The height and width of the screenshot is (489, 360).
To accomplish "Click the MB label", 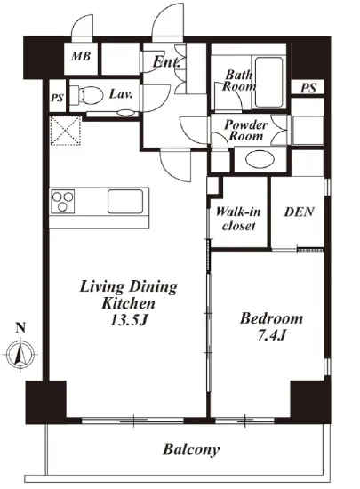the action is click(81, 56).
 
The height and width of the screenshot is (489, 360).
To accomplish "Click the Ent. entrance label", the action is click(166, 61).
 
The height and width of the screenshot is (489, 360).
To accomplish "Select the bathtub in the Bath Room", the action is click(268, 82).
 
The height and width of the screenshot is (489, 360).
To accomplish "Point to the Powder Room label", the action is click(246, 131).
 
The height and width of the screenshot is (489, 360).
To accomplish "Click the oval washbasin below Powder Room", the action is click(260, 159).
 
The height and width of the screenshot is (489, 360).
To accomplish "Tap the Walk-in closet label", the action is click(238, 219).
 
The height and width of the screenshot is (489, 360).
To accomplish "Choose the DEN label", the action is click(299, 212).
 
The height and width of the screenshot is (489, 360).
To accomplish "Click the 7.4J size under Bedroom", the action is click(271, 335).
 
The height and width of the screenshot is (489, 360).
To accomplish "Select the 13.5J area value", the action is click(128, 320).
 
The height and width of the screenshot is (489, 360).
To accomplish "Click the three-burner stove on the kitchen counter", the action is click(62, 201).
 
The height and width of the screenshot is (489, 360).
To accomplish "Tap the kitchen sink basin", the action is click(125, 201).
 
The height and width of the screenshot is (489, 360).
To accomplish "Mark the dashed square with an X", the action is click(66, 131).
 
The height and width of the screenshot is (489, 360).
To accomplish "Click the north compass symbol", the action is click(20, 354).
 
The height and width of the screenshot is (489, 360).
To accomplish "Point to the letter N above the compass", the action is click(20, 327).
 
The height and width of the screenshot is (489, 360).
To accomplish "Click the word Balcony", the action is click(191, 450).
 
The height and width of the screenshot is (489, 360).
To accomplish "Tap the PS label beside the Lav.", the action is click(57, 98).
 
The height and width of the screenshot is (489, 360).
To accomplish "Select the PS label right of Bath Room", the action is click(308, 88).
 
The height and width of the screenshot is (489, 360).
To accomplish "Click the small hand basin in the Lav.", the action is click(126, 113).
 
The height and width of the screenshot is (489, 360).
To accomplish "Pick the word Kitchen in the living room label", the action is click(128, 303).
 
